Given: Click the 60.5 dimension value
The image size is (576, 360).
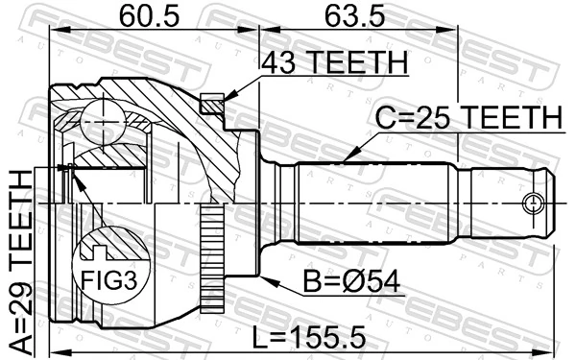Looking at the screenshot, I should click(142, 15).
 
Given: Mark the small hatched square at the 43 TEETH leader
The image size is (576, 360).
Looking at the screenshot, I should click(213, 101).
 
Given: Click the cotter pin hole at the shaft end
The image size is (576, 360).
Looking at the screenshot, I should click(533, 203).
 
